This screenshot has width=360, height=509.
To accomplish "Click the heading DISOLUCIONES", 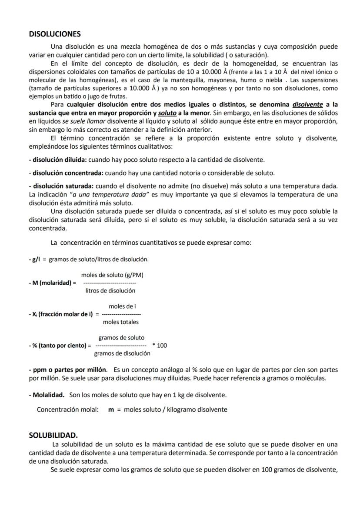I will pos(55,34).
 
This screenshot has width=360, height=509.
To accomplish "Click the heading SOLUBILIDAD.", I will pos(53,435).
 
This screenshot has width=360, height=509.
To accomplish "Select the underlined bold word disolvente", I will pos(307,105).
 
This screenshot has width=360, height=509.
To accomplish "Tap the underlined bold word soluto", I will pos(167,113).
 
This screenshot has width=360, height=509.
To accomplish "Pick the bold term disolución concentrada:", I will pos(66,173).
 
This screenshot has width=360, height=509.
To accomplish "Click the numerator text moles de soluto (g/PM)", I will pos(112,275).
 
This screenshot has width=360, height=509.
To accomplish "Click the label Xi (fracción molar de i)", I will pos(60,314).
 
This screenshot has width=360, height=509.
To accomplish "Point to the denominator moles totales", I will pos(121,322).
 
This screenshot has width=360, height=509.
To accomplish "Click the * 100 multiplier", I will pos(160,346).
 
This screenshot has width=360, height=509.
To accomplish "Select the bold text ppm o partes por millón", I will pos(68,370).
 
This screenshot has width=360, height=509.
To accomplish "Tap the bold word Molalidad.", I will pos(49,395).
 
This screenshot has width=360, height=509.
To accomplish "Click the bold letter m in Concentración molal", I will pos(110,409).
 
